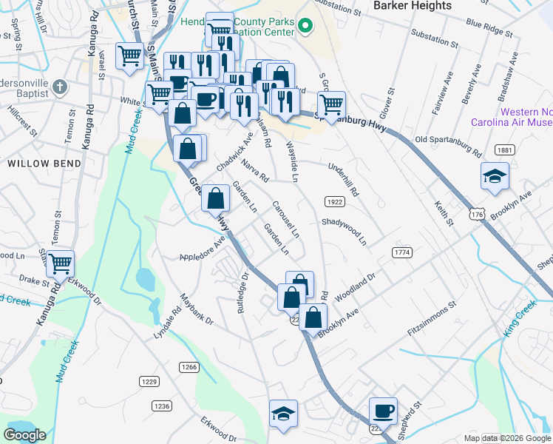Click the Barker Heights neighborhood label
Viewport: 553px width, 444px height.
coord(413,6)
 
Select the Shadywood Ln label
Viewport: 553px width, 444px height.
coord(344,231)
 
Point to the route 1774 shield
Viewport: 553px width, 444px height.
coord(401,253)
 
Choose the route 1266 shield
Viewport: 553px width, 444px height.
coord(189,367)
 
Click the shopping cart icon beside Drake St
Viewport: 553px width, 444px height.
coord(61,261)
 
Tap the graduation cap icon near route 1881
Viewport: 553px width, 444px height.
coord(495,176)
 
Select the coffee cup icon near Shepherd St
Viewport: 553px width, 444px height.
coord(383,411)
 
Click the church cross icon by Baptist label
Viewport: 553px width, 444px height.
coord(61,88)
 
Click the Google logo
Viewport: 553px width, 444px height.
coord(24,435)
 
